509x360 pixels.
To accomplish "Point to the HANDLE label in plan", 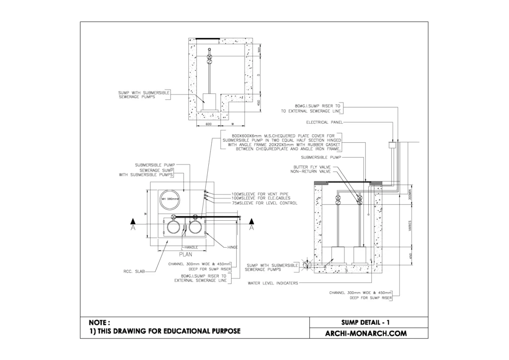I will (191, 247).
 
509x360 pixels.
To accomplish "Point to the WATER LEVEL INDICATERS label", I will (272, 282).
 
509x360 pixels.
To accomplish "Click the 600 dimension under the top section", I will (209, 124).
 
